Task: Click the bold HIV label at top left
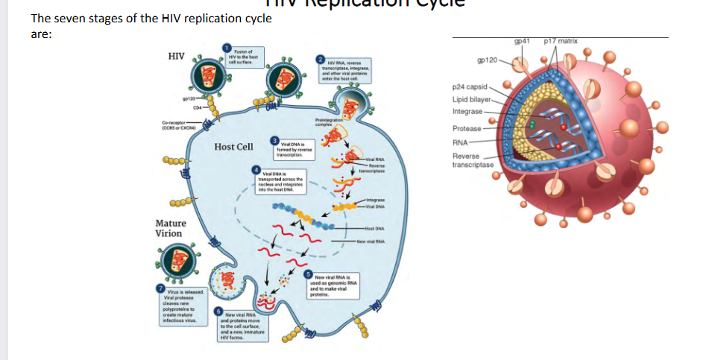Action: click(x=177, y=57)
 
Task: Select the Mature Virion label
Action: click(x=171, y=228)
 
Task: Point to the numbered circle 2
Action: click(x=320, y=58)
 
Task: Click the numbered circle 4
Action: click(x=256, y=171)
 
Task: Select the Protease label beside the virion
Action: click(x=467, y=128)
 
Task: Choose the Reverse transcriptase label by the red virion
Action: click(x=473, y=160)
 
